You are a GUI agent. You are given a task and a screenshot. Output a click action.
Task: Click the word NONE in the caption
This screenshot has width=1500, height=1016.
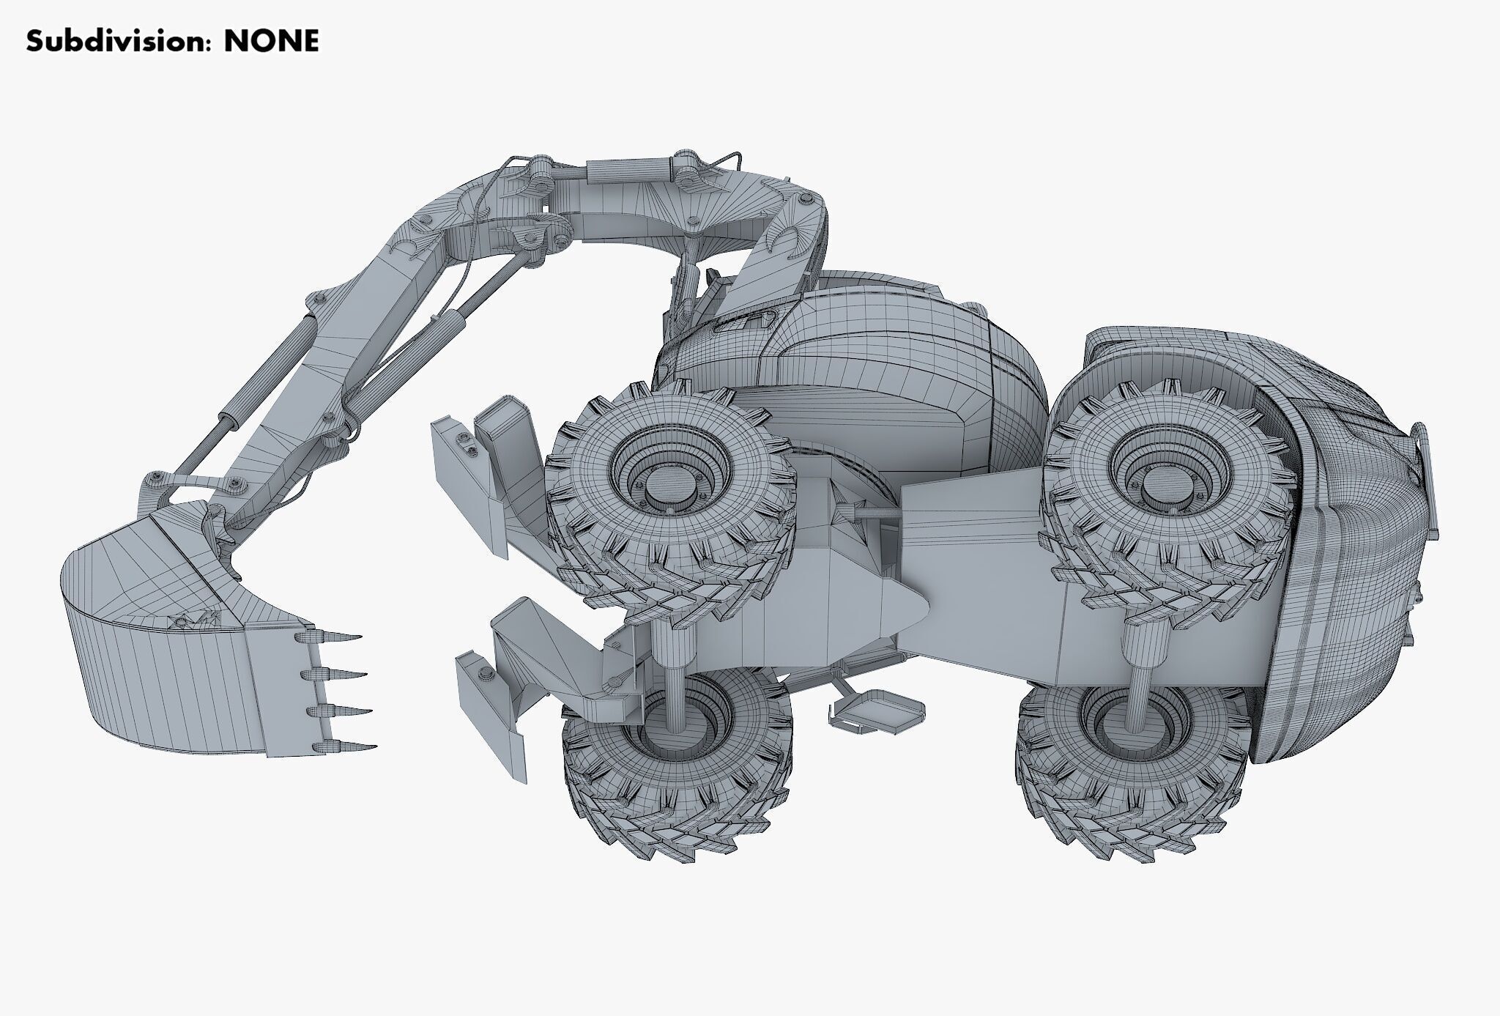pos(271,42)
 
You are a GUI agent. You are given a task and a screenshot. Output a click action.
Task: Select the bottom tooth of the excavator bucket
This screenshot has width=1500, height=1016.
pos(348,747)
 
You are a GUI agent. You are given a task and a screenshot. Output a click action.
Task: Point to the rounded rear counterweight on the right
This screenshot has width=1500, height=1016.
pos(1340,586)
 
